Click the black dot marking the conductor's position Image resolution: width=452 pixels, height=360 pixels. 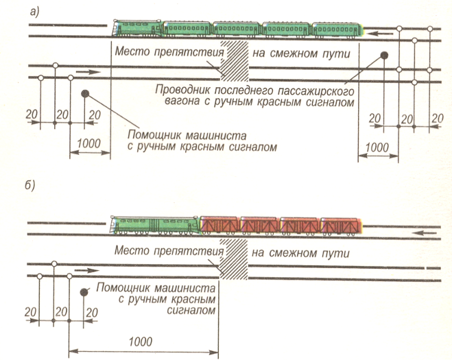point(385,55)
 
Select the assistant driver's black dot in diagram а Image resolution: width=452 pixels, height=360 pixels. point(84,93)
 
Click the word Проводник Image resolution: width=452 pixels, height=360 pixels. point(183,90)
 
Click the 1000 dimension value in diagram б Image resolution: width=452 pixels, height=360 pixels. point(140,341)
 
